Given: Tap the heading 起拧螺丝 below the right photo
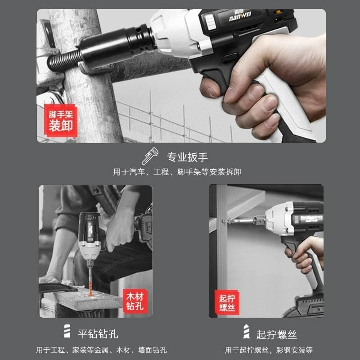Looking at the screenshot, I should [x=276, y=335].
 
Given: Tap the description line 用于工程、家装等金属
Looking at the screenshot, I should [x=102, y=350].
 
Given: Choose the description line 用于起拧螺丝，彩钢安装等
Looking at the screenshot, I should [x=268, y=350].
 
